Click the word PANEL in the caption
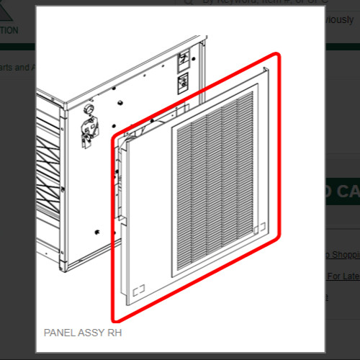(x=60, y=333)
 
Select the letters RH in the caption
(x=115, y=333)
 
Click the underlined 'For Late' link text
(x=343, y=276)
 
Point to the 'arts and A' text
(x=16, y=68)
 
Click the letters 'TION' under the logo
(x=11, y=30)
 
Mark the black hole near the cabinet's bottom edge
(x=96, y=232)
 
